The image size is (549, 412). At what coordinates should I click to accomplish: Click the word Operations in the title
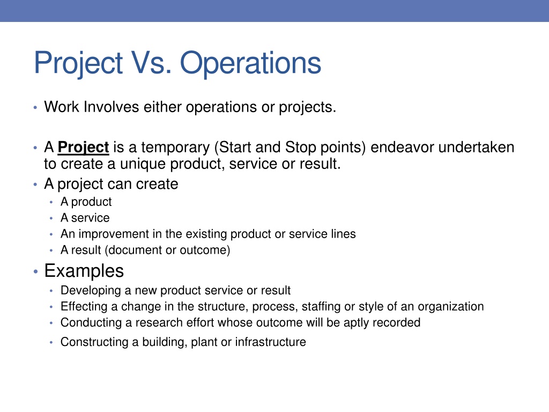250,63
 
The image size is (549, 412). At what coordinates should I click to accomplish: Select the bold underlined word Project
83,148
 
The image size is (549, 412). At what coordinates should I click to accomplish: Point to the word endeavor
402,147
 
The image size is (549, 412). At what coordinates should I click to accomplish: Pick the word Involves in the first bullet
112,107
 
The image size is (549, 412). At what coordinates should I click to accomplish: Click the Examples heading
84,271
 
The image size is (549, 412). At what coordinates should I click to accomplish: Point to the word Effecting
84,306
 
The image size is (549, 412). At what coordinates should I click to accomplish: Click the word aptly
357,323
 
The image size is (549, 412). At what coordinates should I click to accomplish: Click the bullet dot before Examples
35,271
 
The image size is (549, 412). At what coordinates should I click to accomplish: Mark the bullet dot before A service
51,218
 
